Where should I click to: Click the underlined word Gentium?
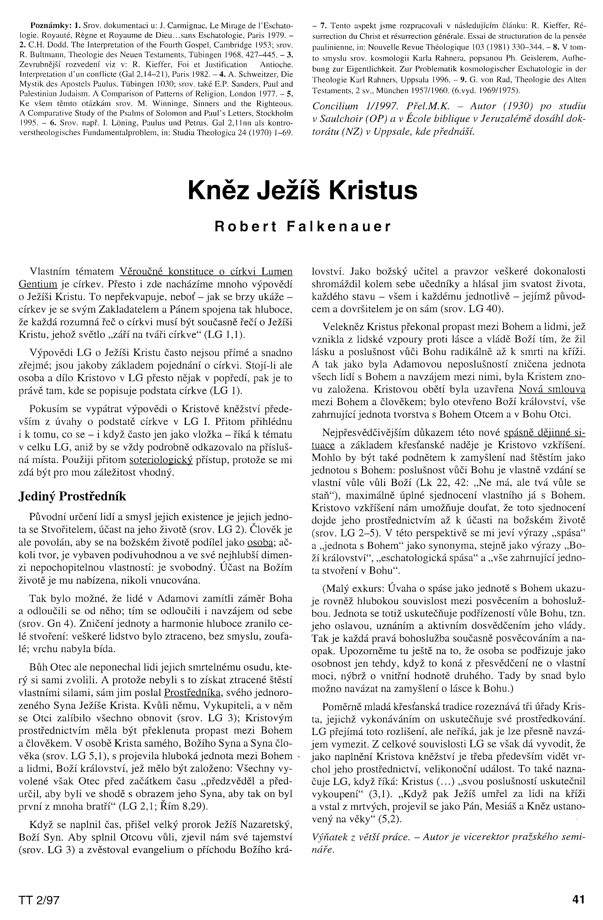tap(38, 284)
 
